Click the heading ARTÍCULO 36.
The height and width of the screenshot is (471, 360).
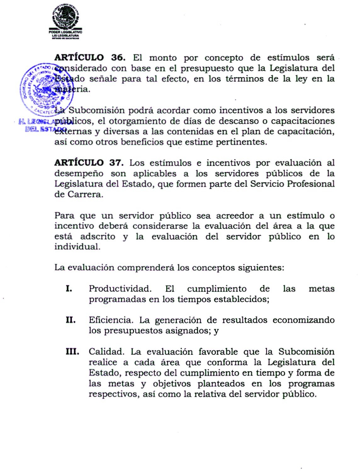point(90,58)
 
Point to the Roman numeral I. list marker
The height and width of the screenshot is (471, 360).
point(69,289)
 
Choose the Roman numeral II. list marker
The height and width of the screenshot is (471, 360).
point(71,320)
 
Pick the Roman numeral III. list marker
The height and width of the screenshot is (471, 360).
point(72,352)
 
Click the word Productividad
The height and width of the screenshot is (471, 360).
point(120,289)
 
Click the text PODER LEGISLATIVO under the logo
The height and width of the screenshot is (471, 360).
point(65,32)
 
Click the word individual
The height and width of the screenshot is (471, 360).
point(77,247)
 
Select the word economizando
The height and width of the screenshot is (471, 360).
point(303,320)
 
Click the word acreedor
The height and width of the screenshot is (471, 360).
point(234,216)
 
